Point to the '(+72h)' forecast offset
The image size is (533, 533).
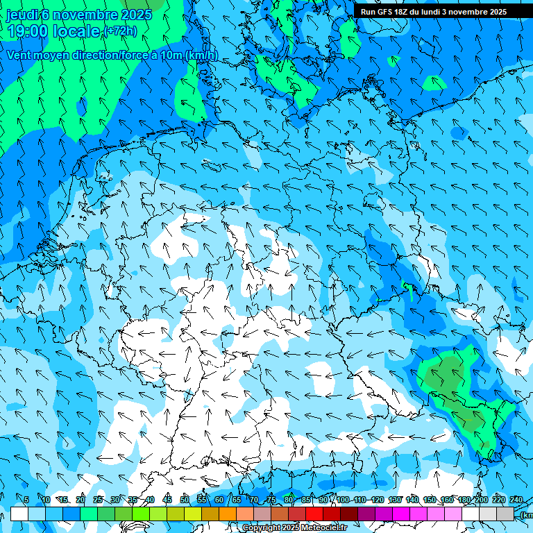tap(120, 31)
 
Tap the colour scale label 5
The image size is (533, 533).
tap(26, 500)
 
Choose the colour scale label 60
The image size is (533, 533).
tap(219, 500)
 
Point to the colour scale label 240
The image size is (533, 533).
tap(516, 500)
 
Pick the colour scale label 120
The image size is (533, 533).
tap(377, 500)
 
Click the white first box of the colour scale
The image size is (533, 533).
tap(19, 514)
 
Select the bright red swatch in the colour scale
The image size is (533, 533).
tap(314, 514)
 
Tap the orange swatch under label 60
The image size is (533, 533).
tap(228, 514)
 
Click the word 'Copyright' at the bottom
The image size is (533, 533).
tap(262, 528)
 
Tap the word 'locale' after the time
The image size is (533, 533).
tap(78, 31)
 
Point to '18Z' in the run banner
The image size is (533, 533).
tap(403, 12)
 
